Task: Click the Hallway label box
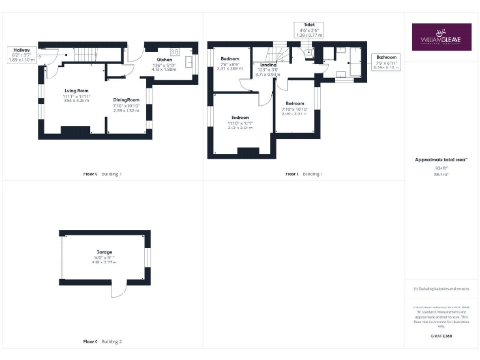coord(20,54)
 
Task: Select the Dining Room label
coord(127,103)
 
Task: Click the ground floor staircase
coord(86,55)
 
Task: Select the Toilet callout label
coord(307,28)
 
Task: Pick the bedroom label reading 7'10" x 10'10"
coord(294,107)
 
